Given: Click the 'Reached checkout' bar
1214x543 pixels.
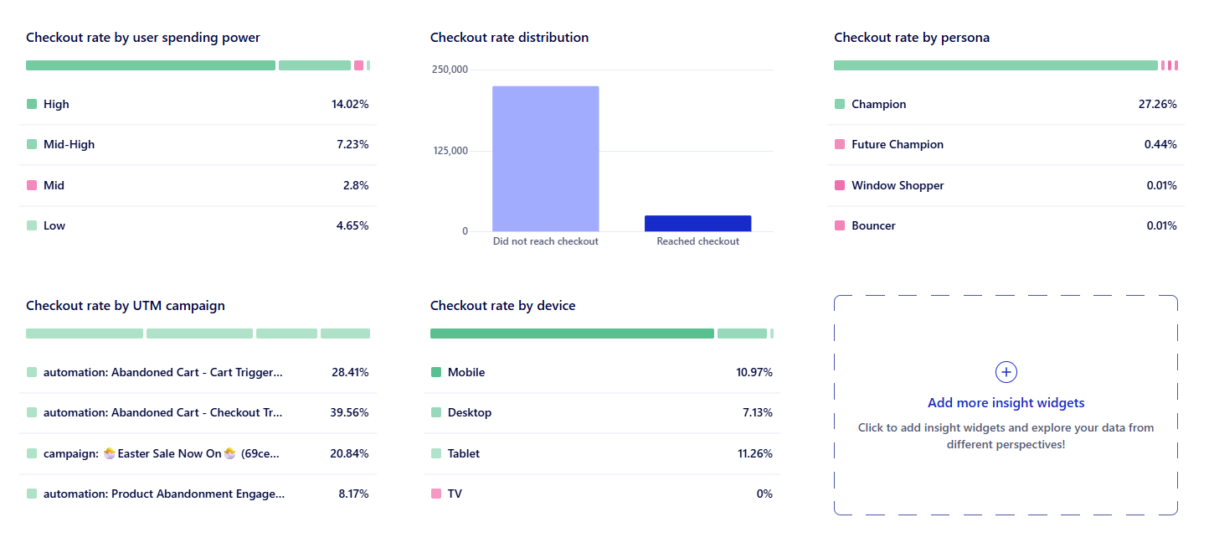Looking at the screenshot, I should (697, 223).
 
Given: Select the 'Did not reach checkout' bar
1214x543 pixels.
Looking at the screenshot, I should (545, 158).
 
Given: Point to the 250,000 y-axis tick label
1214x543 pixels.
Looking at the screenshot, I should (450, 70).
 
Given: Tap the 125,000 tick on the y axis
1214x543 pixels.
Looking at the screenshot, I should (450, 151).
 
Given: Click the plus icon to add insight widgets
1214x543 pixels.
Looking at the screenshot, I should (1006, 372).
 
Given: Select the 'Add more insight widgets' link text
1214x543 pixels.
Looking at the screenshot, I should (1006, 403).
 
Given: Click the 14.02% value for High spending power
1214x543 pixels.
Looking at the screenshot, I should (350, 105).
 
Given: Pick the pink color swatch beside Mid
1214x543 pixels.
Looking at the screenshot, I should (32, 185).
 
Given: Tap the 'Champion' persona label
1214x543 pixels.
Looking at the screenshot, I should (878, 105).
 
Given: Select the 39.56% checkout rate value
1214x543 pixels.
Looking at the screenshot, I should (350, 413).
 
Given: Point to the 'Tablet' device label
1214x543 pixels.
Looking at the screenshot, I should (463, 453).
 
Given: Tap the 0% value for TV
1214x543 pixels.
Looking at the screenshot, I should (764, 494).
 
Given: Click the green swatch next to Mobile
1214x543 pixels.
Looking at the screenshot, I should (436, 373).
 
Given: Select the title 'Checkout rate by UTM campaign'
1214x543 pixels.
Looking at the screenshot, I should (125, 306).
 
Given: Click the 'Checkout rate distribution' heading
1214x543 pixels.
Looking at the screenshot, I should (509, 38).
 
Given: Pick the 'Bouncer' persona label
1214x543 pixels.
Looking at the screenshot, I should (873, 226).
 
